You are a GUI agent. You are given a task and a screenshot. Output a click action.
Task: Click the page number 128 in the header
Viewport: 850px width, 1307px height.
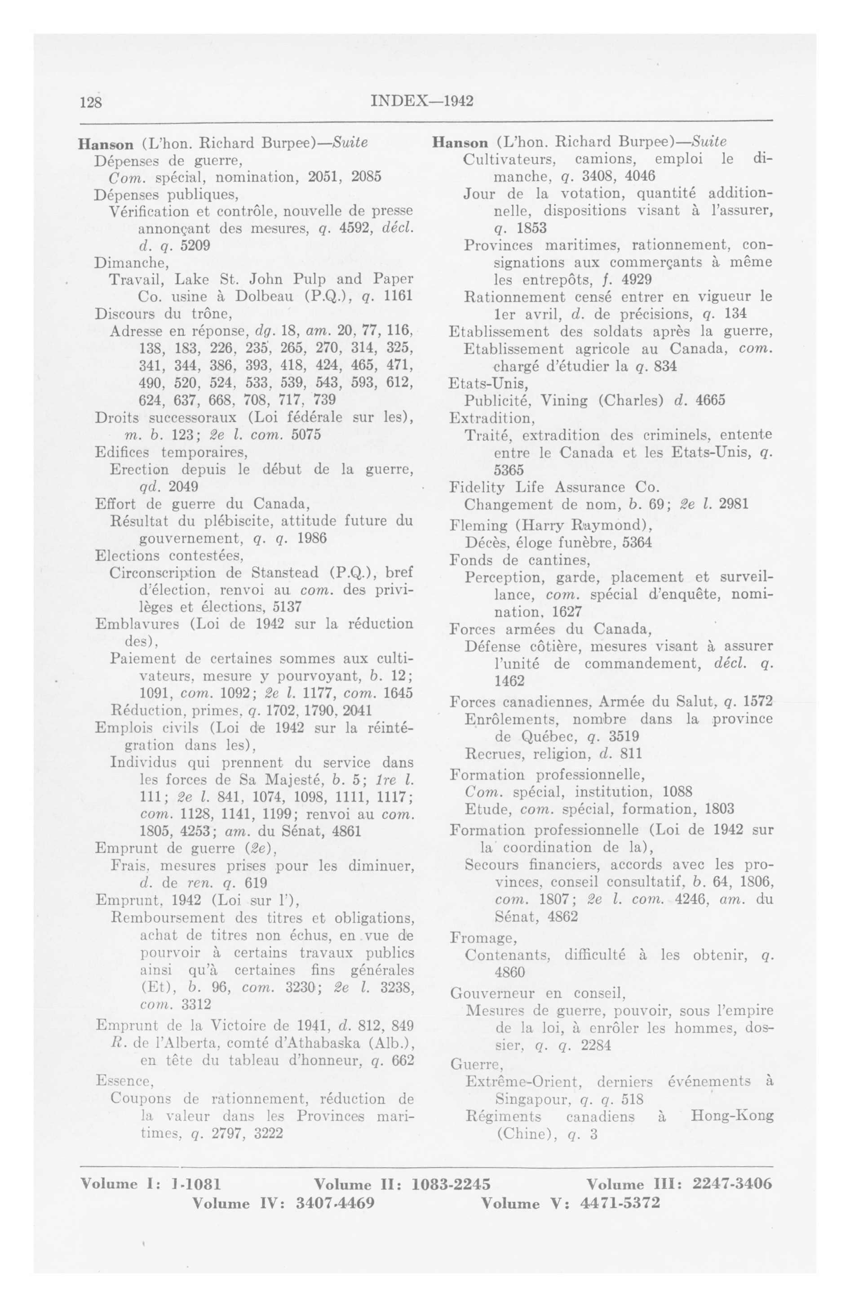(91, 102)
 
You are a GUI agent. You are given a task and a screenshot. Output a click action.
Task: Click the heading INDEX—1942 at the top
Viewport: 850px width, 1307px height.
(422, 102)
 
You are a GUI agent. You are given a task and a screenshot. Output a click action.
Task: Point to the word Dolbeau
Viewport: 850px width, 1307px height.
(266, 297)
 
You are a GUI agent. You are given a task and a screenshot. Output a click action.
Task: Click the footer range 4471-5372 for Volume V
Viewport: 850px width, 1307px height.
(620, 1203)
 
